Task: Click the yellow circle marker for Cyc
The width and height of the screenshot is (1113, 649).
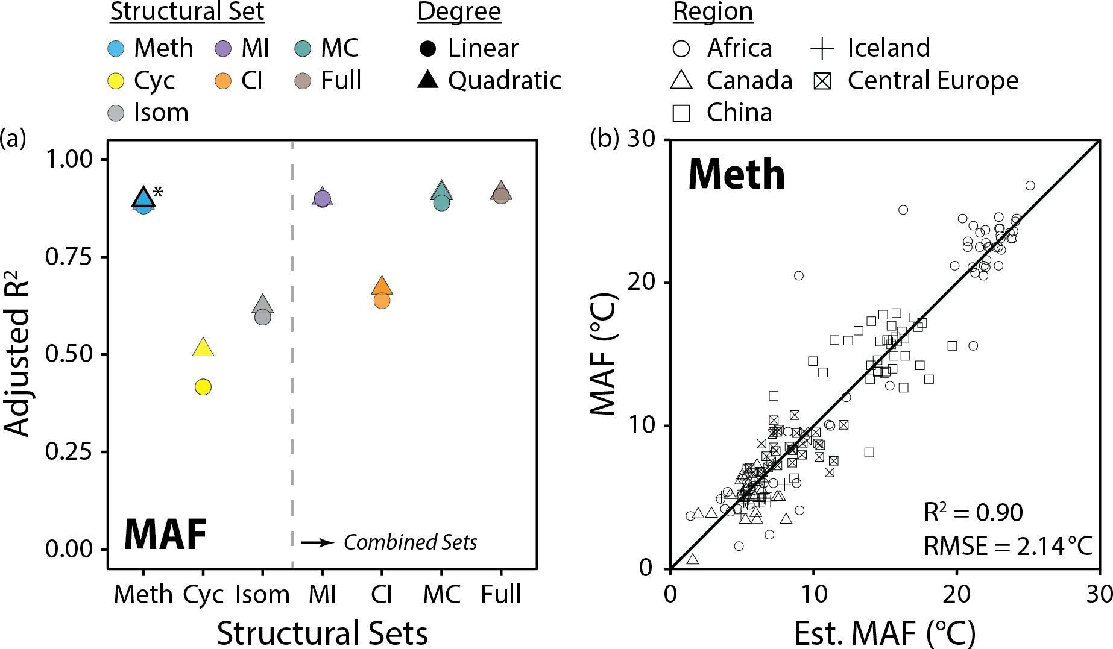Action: pyautogui.click(x=203, y=387)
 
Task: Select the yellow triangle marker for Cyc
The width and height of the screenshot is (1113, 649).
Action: pyautogui.click(x=203, y=348)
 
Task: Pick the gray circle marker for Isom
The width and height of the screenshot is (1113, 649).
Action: pyautogui.click(x=263, y=317)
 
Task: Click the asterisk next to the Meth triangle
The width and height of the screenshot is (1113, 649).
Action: pyautogui.click(x=158, y=193)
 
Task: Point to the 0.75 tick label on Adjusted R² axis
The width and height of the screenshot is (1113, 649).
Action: pyautogui.click(x=69, y=257)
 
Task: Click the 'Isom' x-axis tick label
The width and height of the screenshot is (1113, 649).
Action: pyautogui.click(x=262, y=595)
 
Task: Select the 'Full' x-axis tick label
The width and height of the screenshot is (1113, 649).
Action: pyautogui.click(x=500, y=595)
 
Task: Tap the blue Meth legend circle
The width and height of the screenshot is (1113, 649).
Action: pyautogui.click(x=116, y=48)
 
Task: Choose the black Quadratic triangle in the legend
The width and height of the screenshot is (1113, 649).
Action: pyautogui.click(x=428, y=80)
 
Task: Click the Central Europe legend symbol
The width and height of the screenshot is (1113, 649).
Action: pyautogui.click(x=822, y=81)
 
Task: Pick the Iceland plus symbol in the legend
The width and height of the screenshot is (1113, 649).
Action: pyautogui.click(x=822, y=49)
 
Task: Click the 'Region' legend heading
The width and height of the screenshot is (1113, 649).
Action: pyautogui.click(x=713, y=12)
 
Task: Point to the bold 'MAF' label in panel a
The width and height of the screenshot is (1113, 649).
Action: pyautogui.click(x=165, y=535)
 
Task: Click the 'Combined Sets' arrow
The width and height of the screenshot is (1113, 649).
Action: pyautogui.click(x=317, y=542)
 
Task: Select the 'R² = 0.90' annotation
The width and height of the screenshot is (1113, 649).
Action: pyautogui.click(x=973, y=512)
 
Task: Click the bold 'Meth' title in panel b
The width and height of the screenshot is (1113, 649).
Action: pyautogui.click(x=736, y=174)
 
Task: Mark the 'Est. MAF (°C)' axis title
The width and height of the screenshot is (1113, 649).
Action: pyautogui.click(x=884, y=633)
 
